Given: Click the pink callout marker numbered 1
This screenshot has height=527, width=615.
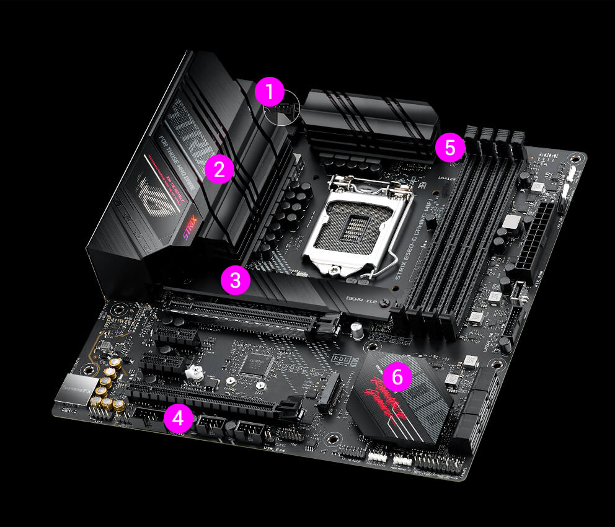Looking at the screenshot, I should (x=268, y=94).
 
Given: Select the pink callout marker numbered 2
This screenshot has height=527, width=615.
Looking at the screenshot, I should (x=219, y=169).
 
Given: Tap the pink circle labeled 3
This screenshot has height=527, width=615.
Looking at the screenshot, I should (x=235, y=281).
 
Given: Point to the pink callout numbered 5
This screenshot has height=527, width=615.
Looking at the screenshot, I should (x=449, y=148).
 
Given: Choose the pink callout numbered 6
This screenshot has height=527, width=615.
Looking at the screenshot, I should (x=397, y=376).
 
